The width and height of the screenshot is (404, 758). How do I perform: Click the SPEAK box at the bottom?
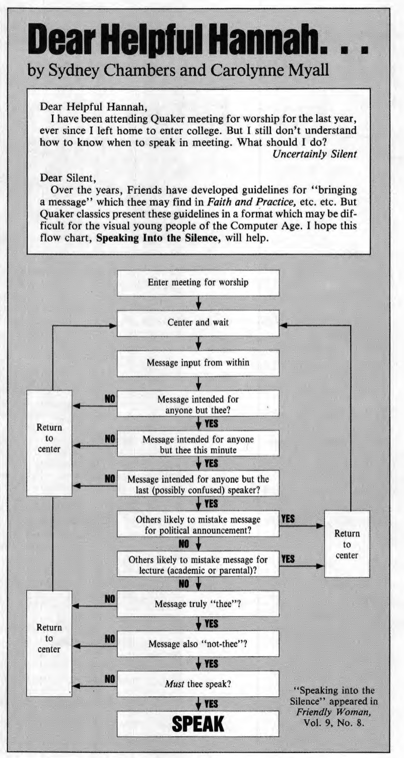click(197, 723)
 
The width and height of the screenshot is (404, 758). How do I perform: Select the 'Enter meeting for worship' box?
click(197, 282)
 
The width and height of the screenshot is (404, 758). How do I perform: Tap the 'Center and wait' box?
click(197, 323)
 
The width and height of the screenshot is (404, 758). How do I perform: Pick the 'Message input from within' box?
click(197, 363)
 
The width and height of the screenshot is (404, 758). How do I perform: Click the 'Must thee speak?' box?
click(197, 685)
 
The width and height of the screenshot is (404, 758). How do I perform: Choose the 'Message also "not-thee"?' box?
click(197, 644)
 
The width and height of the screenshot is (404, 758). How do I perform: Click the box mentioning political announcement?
click(197, 523)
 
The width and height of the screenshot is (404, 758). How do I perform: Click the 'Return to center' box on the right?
click(347, 544)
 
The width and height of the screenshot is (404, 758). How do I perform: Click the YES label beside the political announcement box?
click(288, 518)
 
